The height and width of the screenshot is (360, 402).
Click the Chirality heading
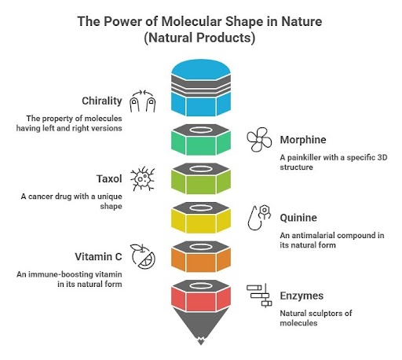102,101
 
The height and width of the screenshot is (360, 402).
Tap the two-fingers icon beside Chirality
143,101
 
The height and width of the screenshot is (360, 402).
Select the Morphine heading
303,140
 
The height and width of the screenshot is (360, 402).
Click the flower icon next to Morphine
259,139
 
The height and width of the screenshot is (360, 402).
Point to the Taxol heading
109,179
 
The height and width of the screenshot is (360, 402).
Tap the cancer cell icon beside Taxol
143,178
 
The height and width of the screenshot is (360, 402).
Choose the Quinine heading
298,218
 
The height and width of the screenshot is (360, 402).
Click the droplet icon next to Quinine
259,218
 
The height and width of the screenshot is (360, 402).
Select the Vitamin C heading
98,257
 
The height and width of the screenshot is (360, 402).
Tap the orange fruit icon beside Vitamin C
143,256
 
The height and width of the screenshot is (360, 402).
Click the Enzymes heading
301,296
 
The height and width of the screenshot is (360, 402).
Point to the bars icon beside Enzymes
259,296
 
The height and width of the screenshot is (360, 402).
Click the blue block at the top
201,88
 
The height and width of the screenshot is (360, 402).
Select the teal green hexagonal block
201,140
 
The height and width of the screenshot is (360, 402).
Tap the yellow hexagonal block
201,218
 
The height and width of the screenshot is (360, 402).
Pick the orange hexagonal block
201,256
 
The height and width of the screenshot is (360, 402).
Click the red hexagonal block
201,296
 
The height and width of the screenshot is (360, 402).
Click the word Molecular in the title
192,21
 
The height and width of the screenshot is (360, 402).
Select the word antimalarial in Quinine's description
313,236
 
